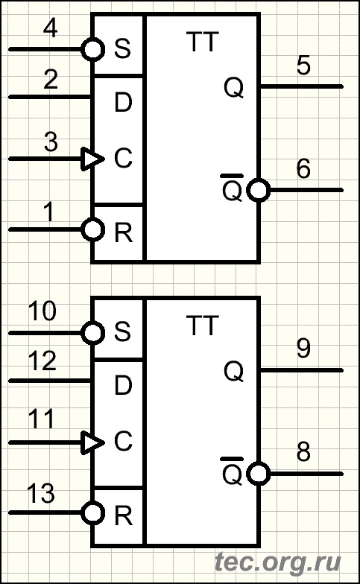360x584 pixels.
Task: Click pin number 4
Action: tap(51, 28)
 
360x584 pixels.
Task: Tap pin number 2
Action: tap(51, 79)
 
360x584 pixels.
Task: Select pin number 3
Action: tap(51, 142)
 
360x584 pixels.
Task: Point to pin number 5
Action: tap(303, 66)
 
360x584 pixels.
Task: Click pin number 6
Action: tap(303, 168)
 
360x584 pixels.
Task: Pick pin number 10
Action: tap(42, 311)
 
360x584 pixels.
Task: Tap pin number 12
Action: tap(42, 361)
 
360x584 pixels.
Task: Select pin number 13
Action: tap(41, 493)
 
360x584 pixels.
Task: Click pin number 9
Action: tap(303, 349)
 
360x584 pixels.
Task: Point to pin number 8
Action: tap(303, 452)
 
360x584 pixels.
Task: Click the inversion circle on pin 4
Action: tap(92, 49)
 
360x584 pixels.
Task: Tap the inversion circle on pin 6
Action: tap(259, 191)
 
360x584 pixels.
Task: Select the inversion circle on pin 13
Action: tap(92, 512)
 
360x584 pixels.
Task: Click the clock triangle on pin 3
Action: tap(92, 159)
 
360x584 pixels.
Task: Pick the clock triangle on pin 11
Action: tap(92, 442)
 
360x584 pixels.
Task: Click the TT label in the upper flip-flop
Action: tap(203, 42)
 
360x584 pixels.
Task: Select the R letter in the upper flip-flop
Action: tap(124, 232)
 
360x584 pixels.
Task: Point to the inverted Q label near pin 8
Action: tap(233, 471)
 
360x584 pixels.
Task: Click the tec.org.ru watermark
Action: tap(278, 562)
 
